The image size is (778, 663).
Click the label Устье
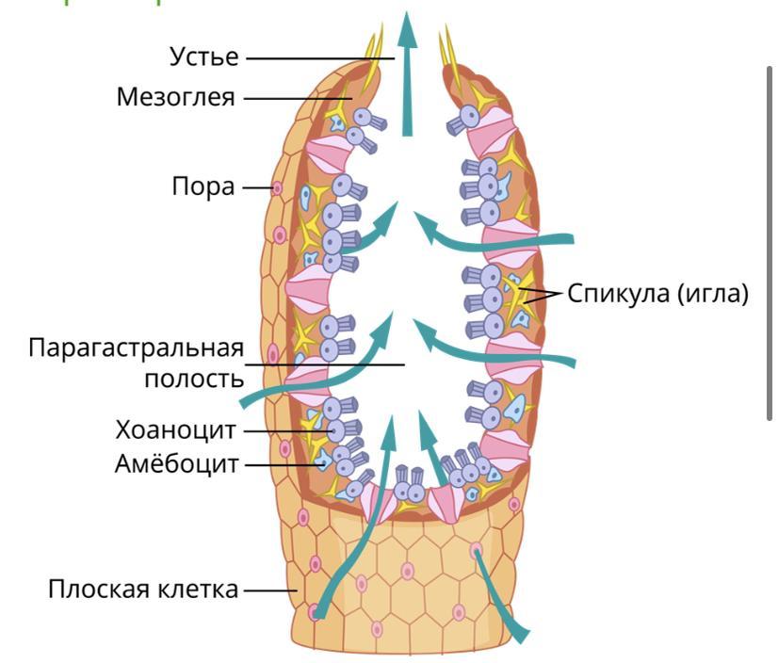203,57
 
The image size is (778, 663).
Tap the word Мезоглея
176,97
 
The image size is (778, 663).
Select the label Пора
203,186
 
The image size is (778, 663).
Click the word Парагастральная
136,348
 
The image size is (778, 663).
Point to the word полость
194,379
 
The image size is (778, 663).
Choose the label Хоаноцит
176,431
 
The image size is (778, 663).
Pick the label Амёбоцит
177,464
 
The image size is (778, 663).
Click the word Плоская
99,590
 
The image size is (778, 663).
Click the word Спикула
617,294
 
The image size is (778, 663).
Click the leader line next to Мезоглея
292,97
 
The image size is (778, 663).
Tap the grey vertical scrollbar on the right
771,245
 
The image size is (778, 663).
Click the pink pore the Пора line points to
277,188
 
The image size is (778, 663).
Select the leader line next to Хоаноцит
283,431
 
